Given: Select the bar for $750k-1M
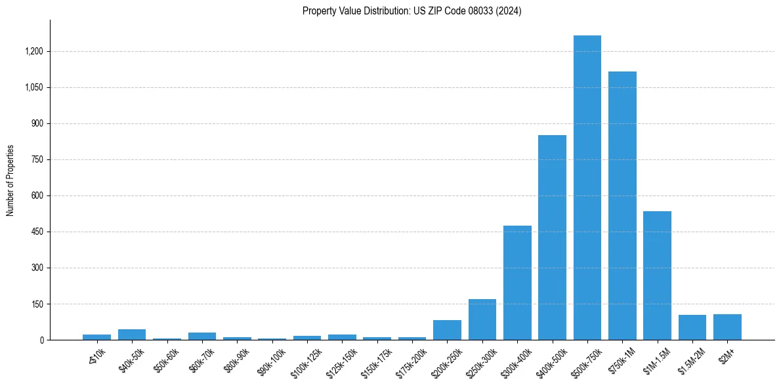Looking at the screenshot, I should click(x=622, y=206).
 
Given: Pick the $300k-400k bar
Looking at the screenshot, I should click(x=517, y=283).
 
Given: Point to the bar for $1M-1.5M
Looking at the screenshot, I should click(x=657, y=275).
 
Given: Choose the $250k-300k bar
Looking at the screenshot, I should click(x=482, y=319).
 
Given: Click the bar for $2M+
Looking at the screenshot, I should click(x=727, y=327).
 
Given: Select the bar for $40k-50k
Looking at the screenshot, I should click(x=132, y=335).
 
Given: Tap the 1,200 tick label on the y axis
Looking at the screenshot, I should click(x=34, y=51).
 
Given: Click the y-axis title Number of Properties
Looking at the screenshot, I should click(x=11, y=180).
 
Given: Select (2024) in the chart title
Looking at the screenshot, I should click(x=508, y=11).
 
